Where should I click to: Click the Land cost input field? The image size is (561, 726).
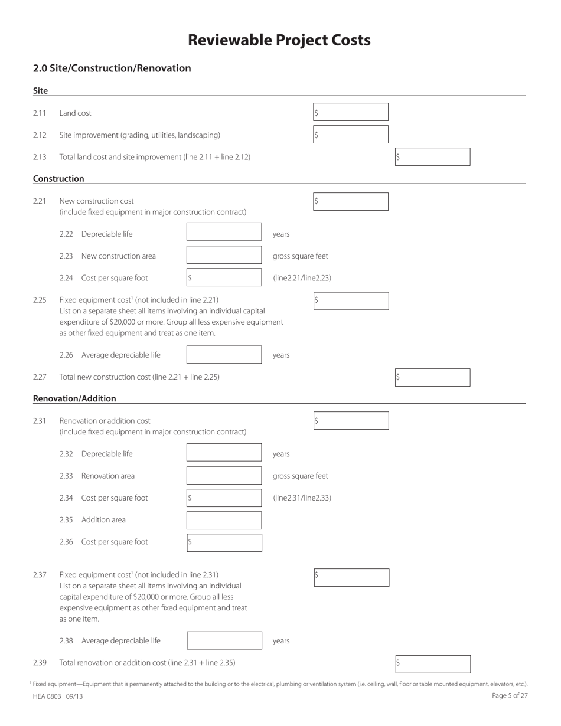(350, 112)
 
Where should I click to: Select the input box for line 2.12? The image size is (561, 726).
(350, 135)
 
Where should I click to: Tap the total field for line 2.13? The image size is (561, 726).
(432, 157)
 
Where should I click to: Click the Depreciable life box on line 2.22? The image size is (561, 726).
(224, 232)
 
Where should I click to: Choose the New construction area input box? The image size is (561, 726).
(224, 255)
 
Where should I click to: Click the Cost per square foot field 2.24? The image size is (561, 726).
(224, 277)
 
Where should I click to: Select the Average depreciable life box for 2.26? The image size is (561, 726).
(224, 355)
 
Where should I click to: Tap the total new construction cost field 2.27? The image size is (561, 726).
(432, 377)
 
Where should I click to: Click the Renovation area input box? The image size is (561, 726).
(224, 476)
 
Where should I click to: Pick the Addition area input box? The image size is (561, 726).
(224, 520)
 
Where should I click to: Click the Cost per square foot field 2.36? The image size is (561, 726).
(224, 542)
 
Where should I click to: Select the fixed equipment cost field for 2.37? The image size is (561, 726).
(351, 577)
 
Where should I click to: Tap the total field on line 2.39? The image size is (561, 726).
(432, 664)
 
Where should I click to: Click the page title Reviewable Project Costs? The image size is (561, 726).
(279, 40)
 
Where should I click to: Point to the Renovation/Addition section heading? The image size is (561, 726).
(74, 398)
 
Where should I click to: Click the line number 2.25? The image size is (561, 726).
(40, 300)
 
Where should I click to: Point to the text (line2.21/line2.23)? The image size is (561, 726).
(302, 278)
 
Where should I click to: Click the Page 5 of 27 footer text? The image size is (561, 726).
(510, 696)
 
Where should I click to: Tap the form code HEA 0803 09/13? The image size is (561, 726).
(58, 696)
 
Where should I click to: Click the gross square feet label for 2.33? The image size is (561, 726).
(300, 476)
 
